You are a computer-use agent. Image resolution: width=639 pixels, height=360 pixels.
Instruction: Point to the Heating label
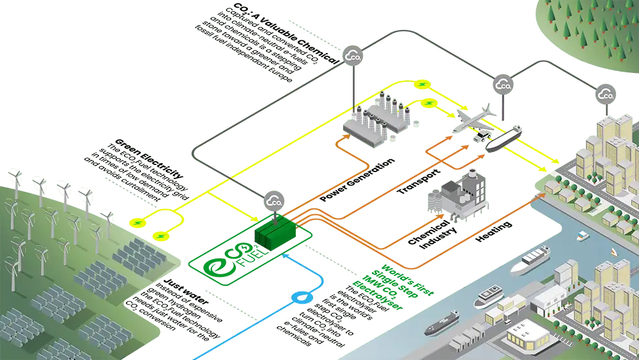pos(493,231)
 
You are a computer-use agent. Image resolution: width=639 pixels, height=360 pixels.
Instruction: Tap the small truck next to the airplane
pos(481,136)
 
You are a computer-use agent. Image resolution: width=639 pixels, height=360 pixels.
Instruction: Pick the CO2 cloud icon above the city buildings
pos(606,95)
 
